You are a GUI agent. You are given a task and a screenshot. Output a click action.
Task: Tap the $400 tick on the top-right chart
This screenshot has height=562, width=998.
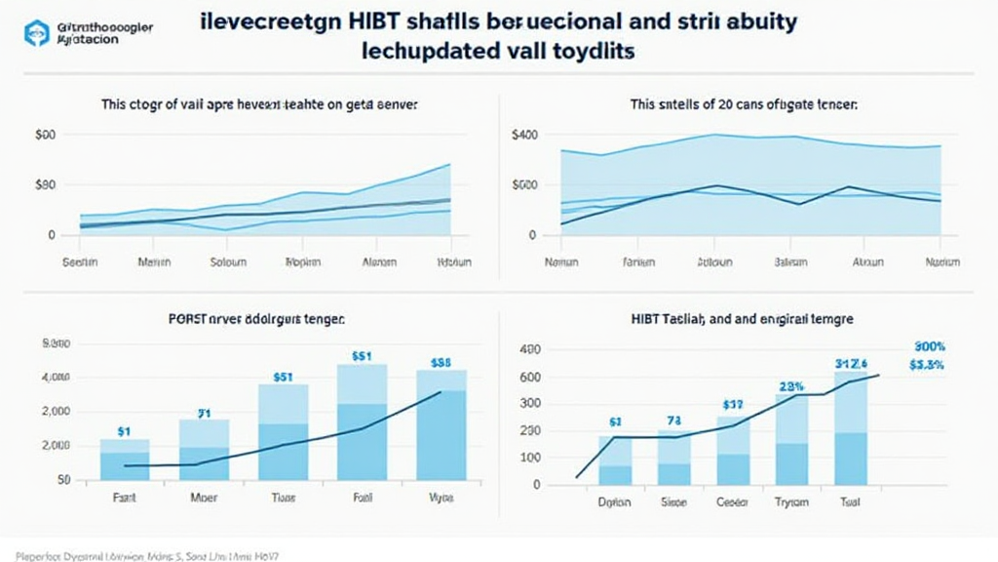tap(524, 137)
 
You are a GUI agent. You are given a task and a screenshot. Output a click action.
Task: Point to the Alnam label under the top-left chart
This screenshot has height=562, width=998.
tap(379, 262)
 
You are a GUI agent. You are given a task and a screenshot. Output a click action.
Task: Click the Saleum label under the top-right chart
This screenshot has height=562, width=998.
tap(791, 262)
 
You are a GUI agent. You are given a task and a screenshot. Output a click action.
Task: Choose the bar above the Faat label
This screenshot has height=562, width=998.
tap(125, 460)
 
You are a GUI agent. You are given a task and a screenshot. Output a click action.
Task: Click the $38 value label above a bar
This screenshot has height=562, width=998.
tap(441, 362)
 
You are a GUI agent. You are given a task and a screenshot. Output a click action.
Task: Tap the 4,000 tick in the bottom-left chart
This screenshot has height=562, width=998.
tap(58, 378)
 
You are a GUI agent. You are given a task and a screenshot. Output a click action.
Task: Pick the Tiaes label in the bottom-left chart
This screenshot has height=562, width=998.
tap(283, 496)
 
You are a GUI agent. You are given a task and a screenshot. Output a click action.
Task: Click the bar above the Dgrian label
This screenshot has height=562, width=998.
tap(614, 462)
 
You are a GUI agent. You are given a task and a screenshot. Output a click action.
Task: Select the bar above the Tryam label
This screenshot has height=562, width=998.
tap(791, 439)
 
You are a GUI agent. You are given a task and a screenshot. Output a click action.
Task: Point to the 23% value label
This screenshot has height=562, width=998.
tap(790, 384)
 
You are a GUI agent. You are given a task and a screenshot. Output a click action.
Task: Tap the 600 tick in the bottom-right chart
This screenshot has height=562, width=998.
tap(530, 378)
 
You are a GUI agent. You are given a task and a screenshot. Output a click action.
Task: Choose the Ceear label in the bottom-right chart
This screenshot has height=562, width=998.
tap(733, 503)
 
